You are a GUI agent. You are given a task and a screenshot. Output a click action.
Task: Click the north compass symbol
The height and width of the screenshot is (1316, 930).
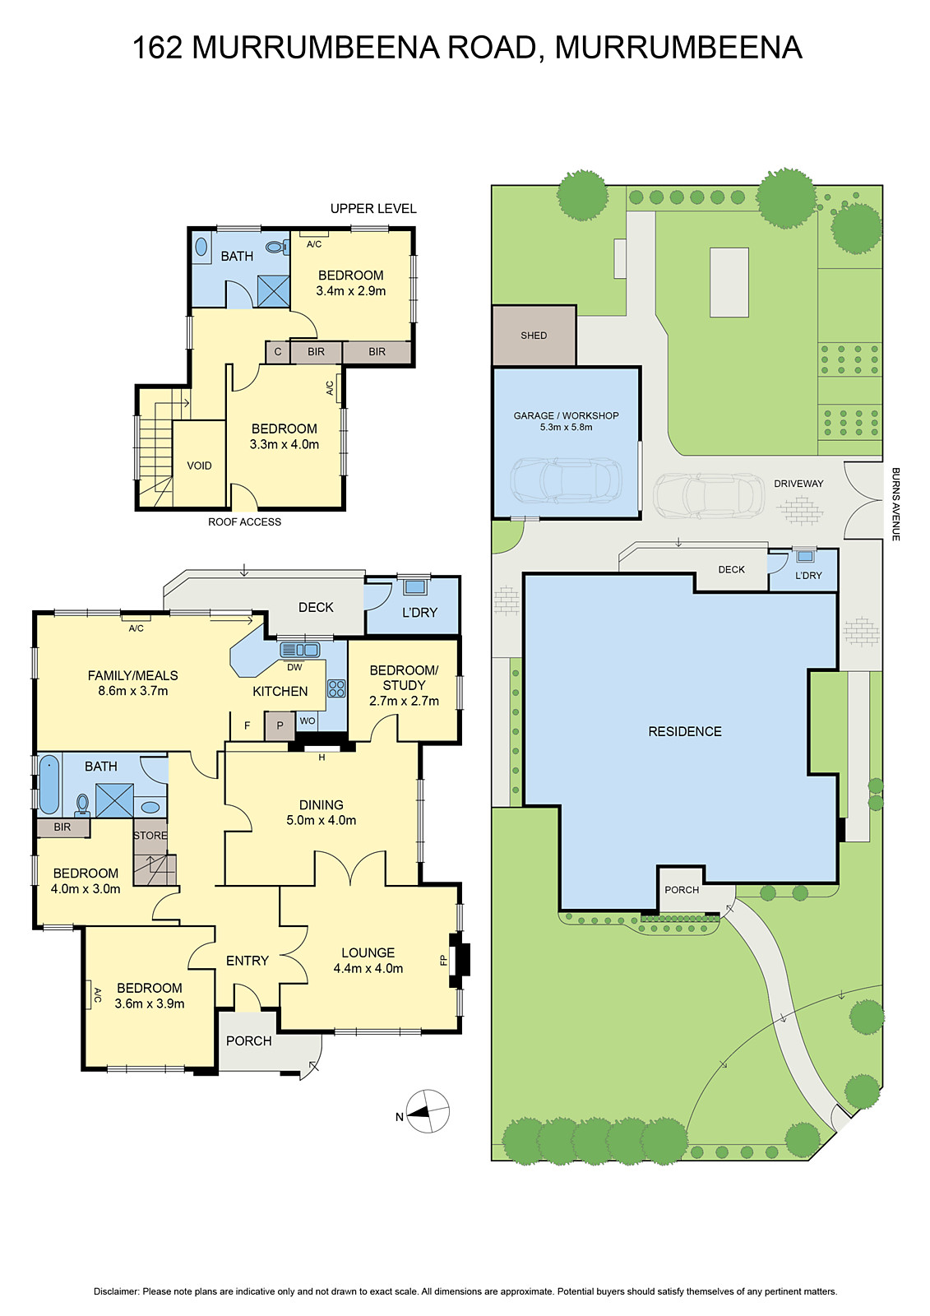pos(428,1111)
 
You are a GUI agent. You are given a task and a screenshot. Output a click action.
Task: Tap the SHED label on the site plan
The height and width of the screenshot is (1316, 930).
pos(534,336)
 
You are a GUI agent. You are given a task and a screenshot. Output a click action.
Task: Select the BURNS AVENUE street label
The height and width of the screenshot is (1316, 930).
pos(895,504)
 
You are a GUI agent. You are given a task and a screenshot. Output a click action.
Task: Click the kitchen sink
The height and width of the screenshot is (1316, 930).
pos(300,650)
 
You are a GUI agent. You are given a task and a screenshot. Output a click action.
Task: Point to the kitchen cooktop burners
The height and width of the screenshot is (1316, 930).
pos(336,688)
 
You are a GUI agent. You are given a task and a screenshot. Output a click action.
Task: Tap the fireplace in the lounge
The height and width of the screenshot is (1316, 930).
pos(459,961)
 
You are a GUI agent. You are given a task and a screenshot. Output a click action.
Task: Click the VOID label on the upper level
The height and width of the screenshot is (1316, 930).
pos(199,466)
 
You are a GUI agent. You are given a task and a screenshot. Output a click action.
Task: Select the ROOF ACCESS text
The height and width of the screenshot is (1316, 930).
pos(244,521)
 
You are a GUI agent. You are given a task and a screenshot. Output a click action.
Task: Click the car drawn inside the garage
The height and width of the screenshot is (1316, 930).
pos(567,480)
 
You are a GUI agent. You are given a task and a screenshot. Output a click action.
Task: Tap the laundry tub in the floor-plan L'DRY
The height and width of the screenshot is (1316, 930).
pos(415,586)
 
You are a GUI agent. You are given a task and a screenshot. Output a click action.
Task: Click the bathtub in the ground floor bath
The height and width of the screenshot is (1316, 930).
pos(49,785)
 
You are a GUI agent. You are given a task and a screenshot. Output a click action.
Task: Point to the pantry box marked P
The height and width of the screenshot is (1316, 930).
pos(280,725)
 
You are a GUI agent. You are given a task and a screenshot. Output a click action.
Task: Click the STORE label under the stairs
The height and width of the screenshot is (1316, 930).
pos(150,836)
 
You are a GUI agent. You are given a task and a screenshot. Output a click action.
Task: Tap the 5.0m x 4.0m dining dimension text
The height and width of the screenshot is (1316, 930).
pos(322,820)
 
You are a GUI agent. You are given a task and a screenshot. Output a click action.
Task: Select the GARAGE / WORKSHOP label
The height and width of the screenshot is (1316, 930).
pos(567,415)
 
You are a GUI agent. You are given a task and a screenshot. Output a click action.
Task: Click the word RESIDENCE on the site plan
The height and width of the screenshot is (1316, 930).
pos(685,731)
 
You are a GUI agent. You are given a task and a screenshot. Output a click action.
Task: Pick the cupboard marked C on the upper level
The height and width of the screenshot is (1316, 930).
pos(278,352)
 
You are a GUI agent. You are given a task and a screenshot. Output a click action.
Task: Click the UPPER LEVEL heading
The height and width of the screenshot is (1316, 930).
pos(373,209)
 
